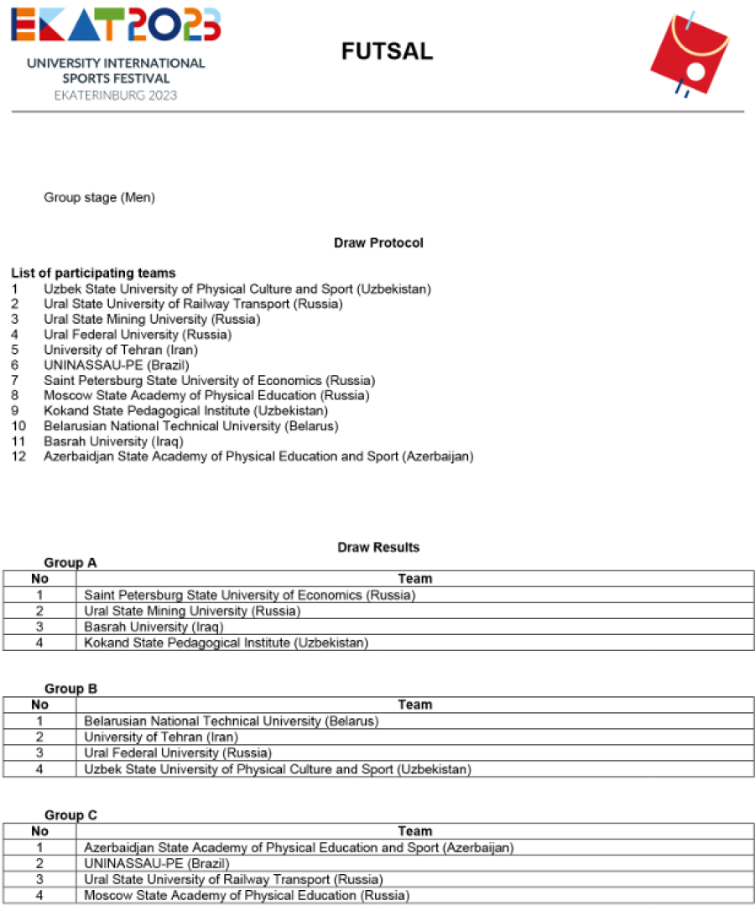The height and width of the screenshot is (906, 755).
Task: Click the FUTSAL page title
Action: click(387, 52)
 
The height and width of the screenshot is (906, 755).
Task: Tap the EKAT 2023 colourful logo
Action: click(116, 25)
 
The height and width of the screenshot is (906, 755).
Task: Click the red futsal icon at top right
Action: click(690, 53)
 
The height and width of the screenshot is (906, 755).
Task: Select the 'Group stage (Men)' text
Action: click(99, 198)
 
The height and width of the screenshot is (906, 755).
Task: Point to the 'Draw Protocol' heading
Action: click(378, 243)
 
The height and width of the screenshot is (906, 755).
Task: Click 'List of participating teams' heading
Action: click(93, 273)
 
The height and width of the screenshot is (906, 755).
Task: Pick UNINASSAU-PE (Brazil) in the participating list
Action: click(117, 365)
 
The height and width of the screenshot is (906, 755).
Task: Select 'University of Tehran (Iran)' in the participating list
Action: click(125, 350)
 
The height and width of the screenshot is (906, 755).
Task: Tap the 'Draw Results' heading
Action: click(378, 548)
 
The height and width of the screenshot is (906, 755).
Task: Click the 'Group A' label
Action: click(70, 563)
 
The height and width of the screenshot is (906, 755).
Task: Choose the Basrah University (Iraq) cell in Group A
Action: click(154, 627)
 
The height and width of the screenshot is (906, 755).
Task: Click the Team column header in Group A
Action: click(414, 579)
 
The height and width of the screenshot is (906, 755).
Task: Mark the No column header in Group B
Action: click(39, 705)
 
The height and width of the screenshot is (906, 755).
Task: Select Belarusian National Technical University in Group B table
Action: click(232, 721)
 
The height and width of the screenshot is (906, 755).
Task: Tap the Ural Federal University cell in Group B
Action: click(178, 752)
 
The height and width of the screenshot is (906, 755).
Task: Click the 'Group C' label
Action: click(70, 815)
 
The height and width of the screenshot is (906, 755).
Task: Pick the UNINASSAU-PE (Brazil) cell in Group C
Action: click(156, 863)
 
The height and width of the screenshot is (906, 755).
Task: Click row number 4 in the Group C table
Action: click(39, 895)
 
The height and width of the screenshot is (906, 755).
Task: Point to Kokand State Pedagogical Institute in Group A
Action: click(226, 643)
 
